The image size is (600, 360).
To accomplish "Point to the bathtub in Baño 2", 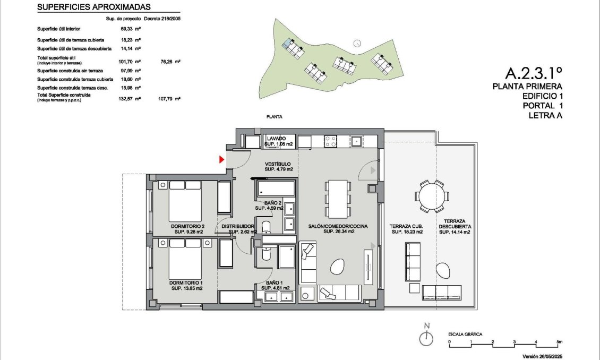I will [x=276, y=189].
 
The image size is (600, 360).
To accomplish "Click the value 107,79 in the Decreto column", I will [x=170, y=99].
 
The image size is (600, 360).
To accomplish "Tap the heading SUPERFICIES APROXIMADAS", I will [x=94, y=7].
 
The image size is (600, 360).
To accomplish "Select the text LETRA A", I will [x=545, y=115].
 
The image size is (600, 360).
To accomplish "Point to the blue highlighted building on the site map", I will [x=287, y=43].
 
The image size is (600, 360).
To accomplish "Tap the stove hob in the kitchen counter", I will [x=330, y=141].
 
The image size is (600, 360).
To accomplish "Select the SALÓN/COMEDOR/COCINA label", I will [x=331, y=229].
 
